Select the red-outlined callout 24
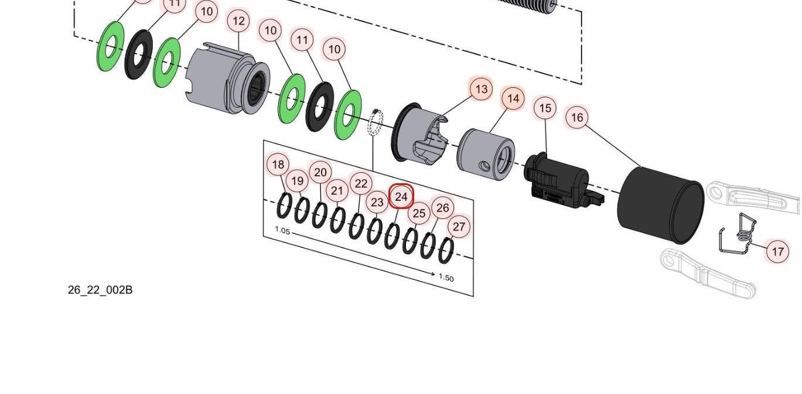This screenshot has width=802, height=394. pos(401,197)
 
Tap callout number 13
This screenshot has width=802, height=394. pos(481,90)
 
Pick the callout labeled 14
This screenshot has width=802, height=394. pos(513,99)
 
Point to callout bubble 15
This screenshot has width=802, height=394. pos(545,108)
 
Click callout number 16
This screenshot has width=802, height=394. pos(577,118)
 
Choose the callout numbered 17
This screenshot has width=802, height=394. pos(777,252)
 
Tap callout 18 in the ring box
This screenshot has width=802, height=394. pos(278,165)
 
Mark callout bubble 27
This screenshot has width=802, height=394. pos(459,227)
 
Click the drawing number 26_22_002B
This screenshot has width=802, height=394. pos(100,290)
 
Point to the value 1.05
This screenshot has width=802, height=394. pos(282,231)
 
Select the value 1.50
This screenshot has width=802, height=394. pos(446,278)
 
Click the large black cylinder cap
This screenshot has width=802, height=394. pos(660,205)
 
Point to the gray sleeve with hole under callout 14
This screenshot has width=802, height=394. pos(486,154)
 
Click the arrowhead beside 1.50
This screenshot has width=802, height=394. pos(432,274)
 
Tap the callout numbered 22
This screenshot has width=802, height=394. pos(361,184)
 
